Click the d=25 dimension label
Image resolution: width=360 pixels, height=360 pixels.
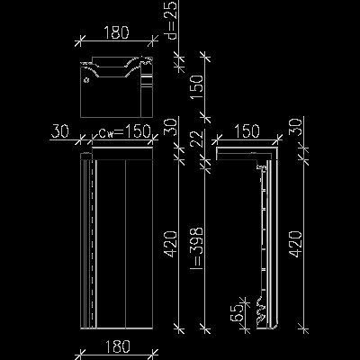172,21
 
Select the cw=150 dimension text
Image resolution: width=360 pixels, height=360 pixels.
124,131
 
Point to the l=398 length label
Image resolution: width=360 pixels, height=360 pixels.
197,248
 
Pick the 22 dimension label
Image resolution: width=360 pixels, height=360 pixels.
197,138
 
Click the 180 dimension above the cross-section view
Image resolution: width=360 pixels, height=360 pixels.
116,32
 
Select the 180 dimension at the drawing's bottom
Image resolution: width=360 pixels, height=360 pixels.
117,346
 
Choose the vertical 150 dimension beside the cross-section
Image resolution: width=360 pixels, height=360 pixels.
197,87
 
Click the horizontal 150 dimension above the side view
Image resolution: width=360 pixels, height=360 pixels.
247,131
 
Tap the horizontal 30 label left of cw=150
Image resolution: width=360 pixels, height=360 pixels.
60,131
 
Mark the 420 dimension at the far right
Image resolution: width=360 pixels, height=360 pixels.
296,244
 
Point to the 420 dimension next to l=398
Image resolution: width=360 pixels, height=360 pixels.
172,244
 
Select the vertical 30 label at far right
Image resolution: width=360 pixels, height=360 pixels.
296,127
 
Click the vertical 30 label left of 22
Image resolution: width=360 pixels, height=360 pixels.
171,127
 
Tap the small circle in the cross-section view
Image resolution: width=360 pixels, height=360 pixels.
86,80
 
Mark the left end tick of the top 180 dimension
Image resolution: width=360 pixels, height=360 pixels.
80,40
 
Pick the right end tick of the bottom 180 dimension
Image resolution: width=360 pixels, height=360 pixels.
153,354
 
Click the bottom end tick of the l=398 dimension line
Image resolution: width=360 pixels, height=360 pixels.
205,329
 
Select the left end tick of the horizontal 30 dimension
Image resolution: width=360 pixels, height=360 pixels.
80,139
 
